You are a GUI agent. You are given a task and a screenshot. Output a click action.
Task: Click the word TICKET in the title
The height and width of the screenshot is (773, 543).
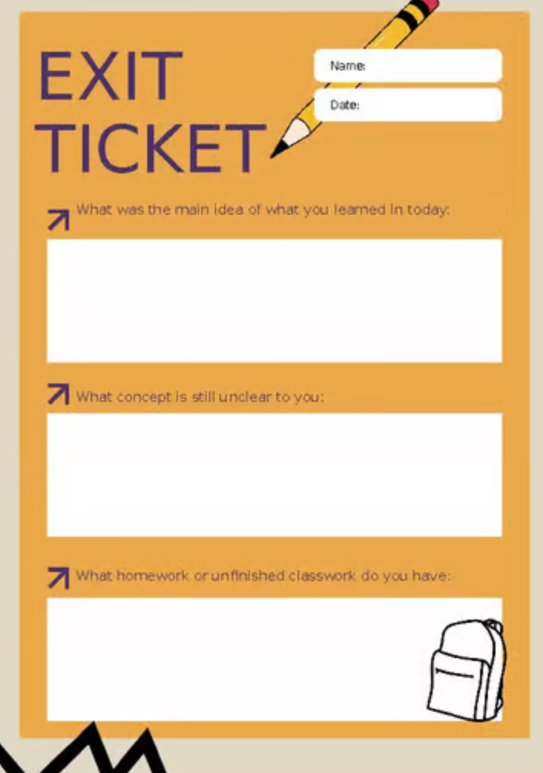tap(150, 148)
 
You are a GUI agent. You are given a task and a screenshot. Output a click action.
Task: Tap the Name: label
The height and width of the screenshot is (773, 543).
tap(347, 66)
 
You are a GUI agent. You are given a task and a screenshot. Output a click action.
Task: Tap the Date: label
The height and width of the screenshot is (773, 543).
tap(344, 104)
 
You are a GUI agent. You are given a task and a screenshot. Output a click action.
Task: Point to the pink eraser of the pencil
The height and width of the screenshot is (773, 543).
tap(429, 4)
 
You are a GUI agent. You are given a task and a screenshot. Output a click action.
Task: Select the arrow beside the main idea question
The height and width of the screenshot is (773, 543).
tap(58, 219)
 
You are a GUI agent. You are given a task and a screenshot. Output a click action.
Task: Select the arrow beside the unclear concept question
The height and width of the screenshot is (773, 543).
tap(58, 394)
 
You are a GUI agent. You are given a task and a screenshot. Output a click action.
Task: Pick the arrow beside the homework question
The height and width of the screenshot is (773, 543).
tap(58, 577)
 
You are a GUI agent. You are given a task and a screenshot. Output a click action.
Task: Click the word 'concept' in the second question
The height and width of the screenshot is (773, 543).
tap(144, 397)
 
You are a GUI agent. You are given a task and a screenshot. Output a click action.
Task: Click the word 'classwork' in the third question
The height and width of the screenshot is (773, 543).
tap(321, 575)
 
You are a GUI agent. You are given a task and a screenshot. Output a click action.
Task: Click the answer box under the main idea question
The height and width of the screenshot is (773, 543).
tap(275, 301)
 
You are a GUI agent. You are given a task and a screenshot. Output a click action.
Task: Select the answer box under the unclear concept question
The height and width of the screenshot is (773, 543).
tap(275, 475)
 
